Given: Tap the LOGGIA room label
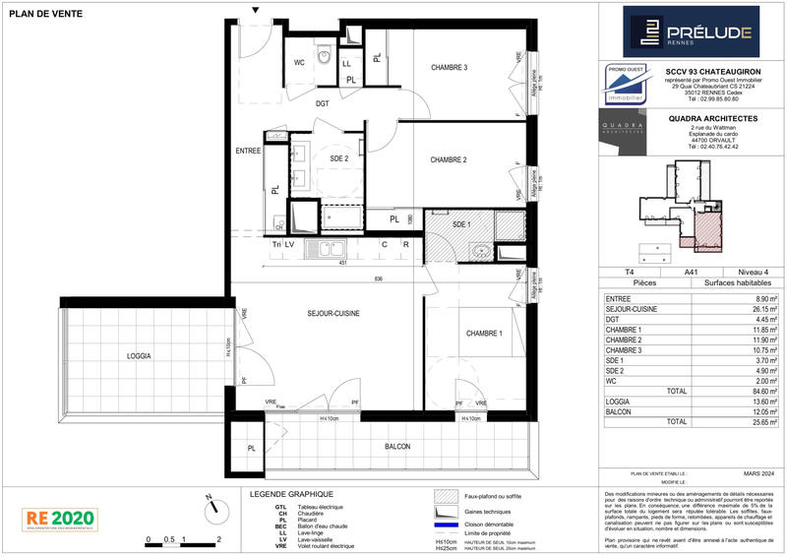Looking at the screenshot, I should point(138,355).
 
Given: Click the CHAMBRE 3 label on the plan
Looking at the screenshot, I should point(449,67).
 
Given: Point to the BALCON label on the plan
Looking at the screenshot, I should point(397,447).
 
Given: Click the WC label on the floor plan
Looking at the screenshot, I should point(299,61).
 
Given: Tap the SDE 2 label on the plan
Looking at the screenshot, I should point(338,158).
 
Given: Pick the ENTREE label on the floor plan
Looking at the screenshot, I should point(248,151).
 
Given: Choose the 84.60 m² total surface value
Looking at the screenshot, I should point(766,391).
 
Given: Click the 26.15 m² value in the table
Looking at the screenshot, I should point(766,309).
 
